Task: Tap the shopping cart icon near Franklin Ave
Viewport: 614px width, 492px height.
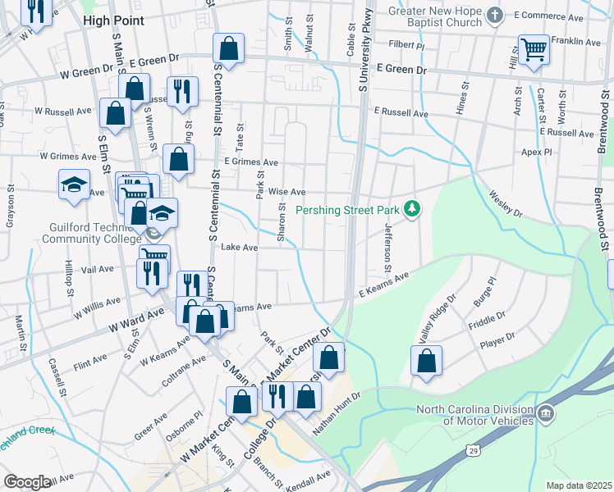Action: [534, 50]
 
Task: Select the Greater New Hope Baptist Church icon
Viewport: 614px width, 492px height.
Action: [495, 14]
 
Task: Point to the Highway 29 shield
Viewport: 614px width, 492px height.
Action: [471, 451]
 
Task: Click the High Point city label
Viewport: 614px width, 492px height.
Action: [114, 20]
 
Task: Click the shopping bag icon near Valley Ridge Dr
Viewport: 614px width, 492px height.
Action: [426, 361]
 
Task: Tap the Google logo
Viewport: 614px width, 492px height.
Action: [27, 482]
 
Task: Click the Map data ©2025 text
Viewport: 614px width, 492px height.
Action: [579, 485]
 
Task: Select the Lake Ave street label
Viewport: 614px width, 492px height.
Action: [240, 247]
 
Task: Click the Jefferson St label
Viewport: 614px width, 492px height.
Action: [387, 247]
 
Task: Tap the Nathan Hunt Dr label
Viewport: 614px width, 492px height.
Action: [336, 412]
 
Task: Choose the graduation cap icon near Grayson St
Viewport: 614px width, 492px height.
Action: [74, 185]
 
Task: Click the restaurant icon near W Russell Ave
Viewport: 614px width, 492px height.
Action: [180, 91]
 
